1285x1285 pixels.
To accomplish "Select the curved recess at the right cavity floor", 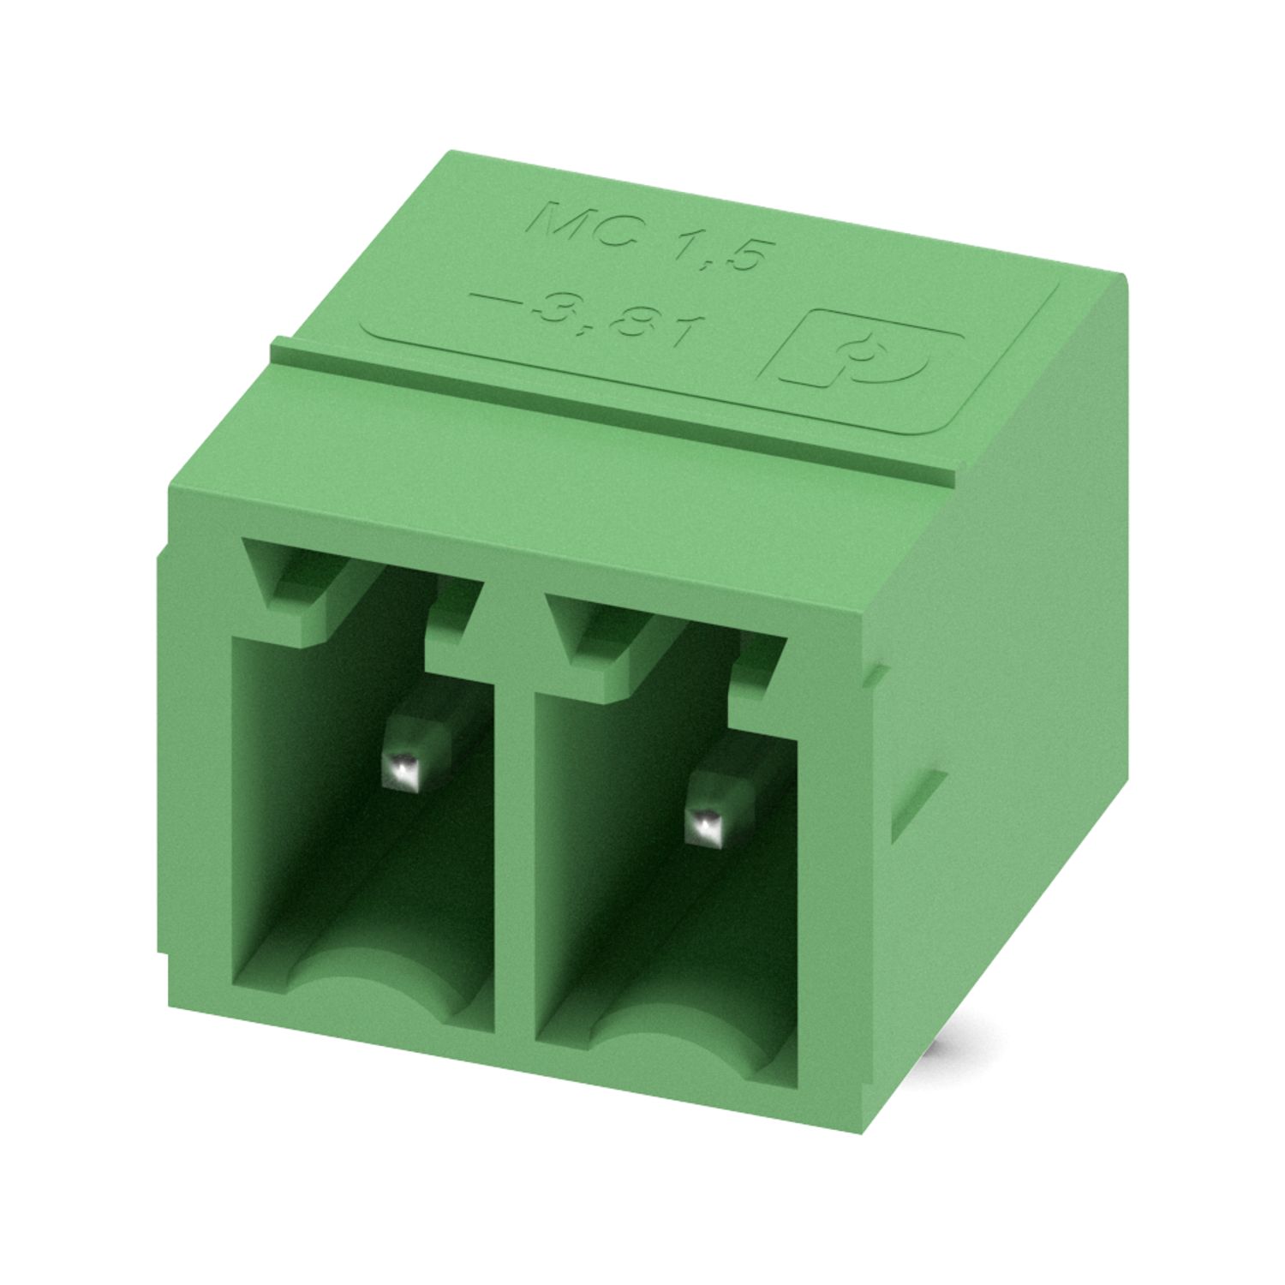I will tap(677, 1041).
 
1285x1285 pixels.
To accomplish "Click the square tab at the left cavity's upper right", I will tap(450, 621).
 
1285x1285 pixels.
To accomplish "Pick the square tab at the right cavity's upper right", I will tap(758, 672).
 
